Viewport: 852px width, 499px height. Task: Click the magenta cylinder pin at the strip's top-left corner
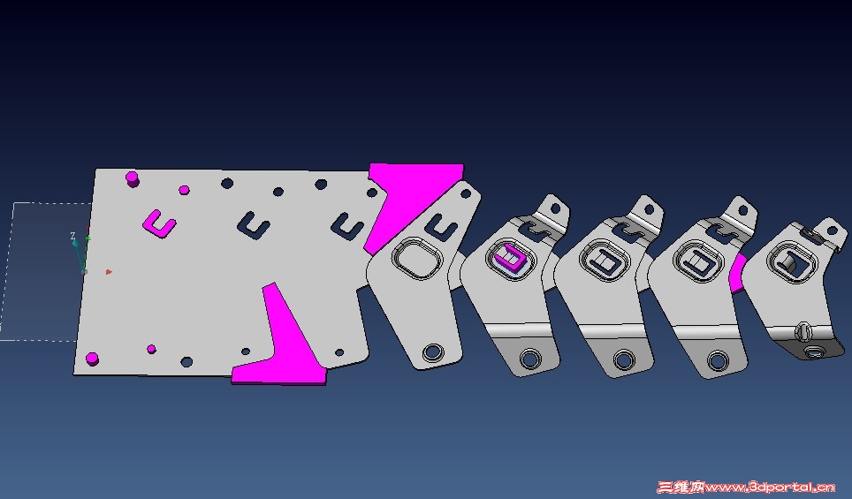click(x=132, y=178)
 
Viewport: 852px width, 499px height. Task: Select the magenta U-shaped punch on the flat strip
click(x=158, y=223)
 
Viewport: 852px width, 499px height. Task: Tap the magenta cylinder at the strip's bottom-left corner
click(x=92, y=359)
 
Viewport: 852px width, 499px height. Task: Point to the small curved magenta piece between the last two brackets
click(x=737, y=273)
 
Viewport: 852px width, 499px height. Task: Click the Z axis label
click(x=72, y=236)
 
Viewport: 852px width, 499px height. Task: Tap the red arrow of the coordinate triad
click(x=109, y=271)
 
